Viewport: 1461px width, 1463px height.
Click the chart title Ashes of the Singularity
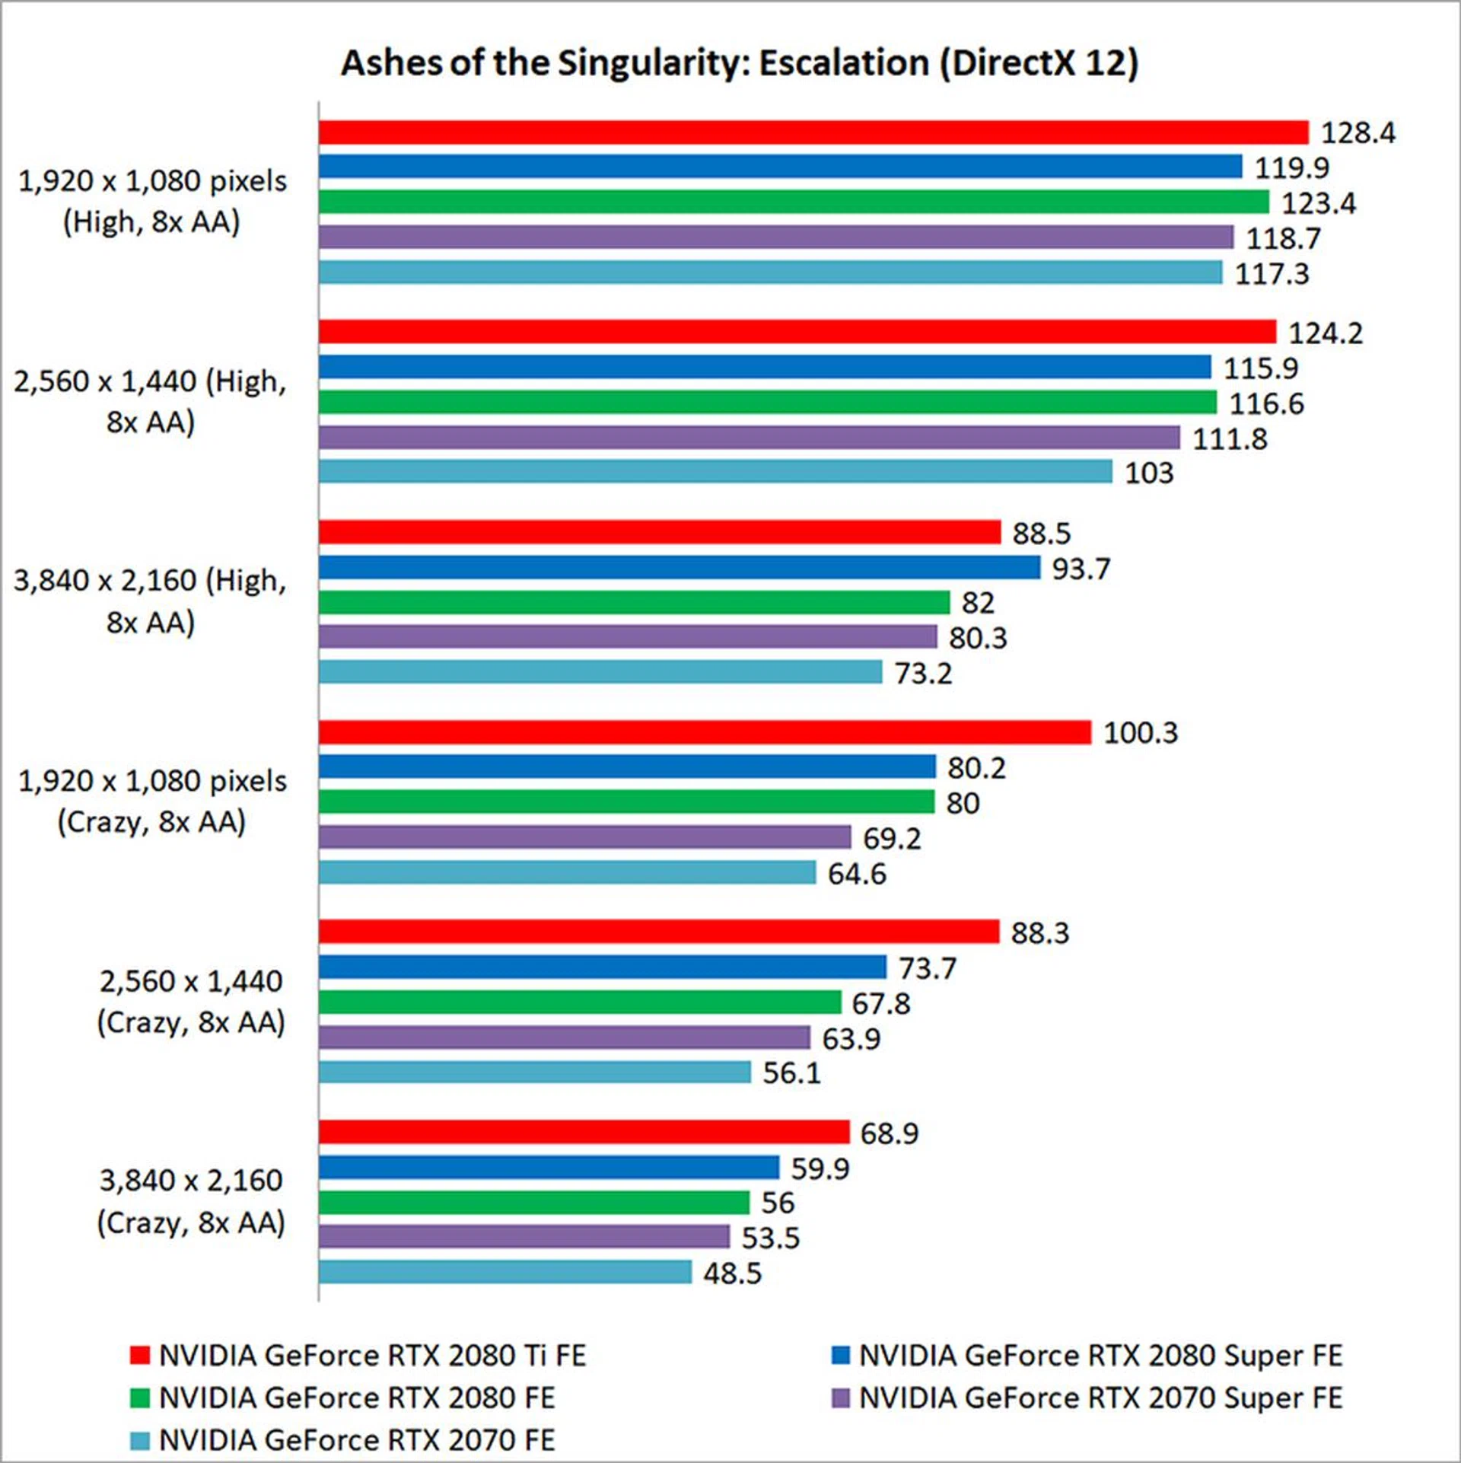739,62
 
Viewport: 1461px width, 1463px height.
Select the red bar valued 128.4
813,132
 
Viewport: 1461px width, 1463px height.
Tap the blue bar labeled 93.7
679,567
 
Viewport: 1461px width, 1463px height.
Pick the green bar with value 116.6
767,402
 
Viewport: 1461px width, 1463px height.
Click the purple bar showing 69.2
584,837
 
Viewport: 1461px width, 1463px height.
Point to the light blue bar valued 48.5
505,1272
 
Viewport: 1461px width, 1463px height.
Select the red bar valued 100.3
705,732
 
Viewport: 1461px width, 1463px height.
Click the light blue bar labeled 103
715,472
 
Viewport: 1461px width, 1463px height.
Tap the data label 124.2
1325,333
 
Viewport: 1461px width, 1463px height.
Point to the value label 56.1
791,1073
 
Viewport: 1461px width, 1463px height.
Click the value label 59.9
820,1168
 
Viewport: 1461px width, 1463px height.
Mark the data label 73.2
922,673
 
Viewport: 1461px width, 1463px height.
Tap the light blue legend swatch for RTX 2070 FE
139,1441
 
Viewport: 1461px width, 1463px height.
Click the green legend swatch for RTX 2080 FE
139,1398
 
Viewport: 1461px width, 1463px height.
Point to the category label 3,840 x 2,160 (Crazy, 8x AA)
191,1201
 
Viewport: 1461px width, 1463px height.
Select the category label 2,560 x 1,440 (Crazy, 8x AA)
191,1002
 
